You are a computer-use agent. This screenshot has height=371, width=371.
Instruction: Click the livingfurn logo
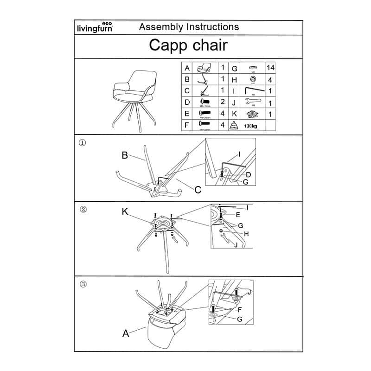(x=94, y=27)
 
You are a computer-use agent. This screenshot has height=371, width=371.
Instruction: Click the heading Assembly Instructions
(x=189, y=27)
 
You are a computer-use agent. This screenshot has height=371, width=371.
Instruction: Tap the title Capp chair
(x=188, y=45)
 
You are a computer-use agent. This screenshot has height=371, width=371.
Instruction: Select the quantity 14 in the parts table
(x=270, y=68)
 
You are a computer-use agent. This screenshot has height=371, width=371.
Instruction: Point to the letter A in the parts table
(x=186, y=68)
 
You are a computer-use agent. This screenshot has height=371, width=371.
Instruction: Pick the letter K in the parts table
(x=235, y=114)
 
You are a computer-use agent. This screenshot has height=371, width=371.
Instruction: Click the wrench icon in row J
(x=253, y=102)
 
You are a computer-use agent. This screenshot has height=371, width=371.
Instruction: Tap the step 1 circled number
(x=83, y=143)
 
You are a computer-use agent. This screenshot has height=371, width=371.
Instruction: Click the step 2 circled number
(x=83, y=209)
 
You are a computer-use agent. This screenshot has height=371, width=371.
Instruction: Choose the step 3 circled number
(x=83, y=284)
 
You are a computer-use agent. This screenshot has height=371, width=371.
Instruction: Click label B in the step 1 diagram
(x=125, y=155)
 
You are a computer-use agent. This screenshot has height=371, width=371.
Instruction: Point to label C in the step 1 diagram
(x=198, y=189)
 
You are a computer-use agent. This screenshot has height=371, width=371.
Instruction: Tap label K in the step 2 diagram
(x=125, y=212)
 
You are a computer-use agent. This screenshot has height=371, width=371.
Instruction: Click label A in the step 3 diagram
(x=125, y=333)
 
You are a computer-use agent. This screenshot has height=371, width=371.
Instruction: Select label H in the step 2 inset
(x=246, y=234)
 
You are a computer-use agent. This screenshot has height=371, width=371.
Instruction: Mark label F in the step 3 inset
(x=240, y=309)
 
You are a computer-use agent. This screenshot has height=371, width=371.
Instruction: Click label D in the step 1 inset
(x=249, y=174)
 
